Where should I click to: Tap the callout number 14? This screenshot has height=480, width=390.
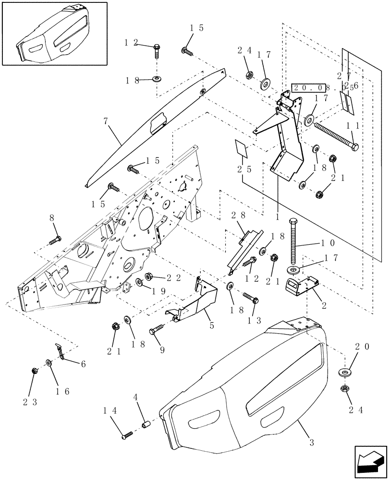click(x=109, y=411)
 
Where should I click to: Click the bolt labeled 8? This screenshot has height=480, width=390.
click(x=55, y=239)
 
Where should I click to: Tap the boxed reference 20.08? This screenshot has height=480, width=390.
click(x=311, y=88)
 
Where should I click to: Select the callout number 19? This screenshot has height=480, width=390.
click(x=159, y=290)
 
